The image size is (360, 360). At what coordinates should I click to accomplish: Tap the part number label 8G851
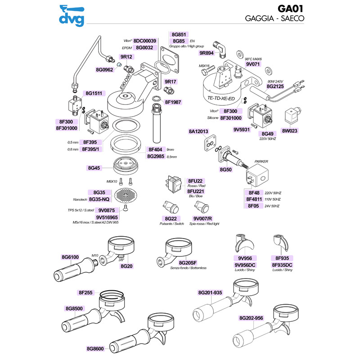coord(179,34)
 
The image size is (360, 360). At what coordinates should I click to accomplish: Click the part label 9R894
coord(206,53)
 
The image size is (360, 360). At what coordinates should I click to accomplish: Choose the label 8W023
coord(290,131)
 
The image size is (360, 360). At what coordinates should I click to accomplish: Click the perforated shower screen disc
coord(125,195)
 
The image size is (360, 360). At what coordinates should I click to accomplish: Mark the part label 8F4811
coord(255,199)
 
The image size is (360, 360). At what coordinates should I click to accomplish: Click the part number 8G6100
coord(70,257)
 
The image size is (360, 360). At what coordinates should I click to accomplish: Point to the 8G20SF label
coord(187,263)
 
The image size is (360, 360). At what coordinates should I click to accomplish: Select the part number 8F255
coord(85,293)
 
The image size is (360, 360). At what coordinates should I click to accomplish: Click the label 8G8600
coord(95,348)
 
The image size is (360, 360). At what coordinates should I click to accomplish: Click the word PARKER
coord(261,161)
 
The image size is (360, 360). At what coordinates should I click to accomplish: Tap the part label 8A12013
coord(198,132)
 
